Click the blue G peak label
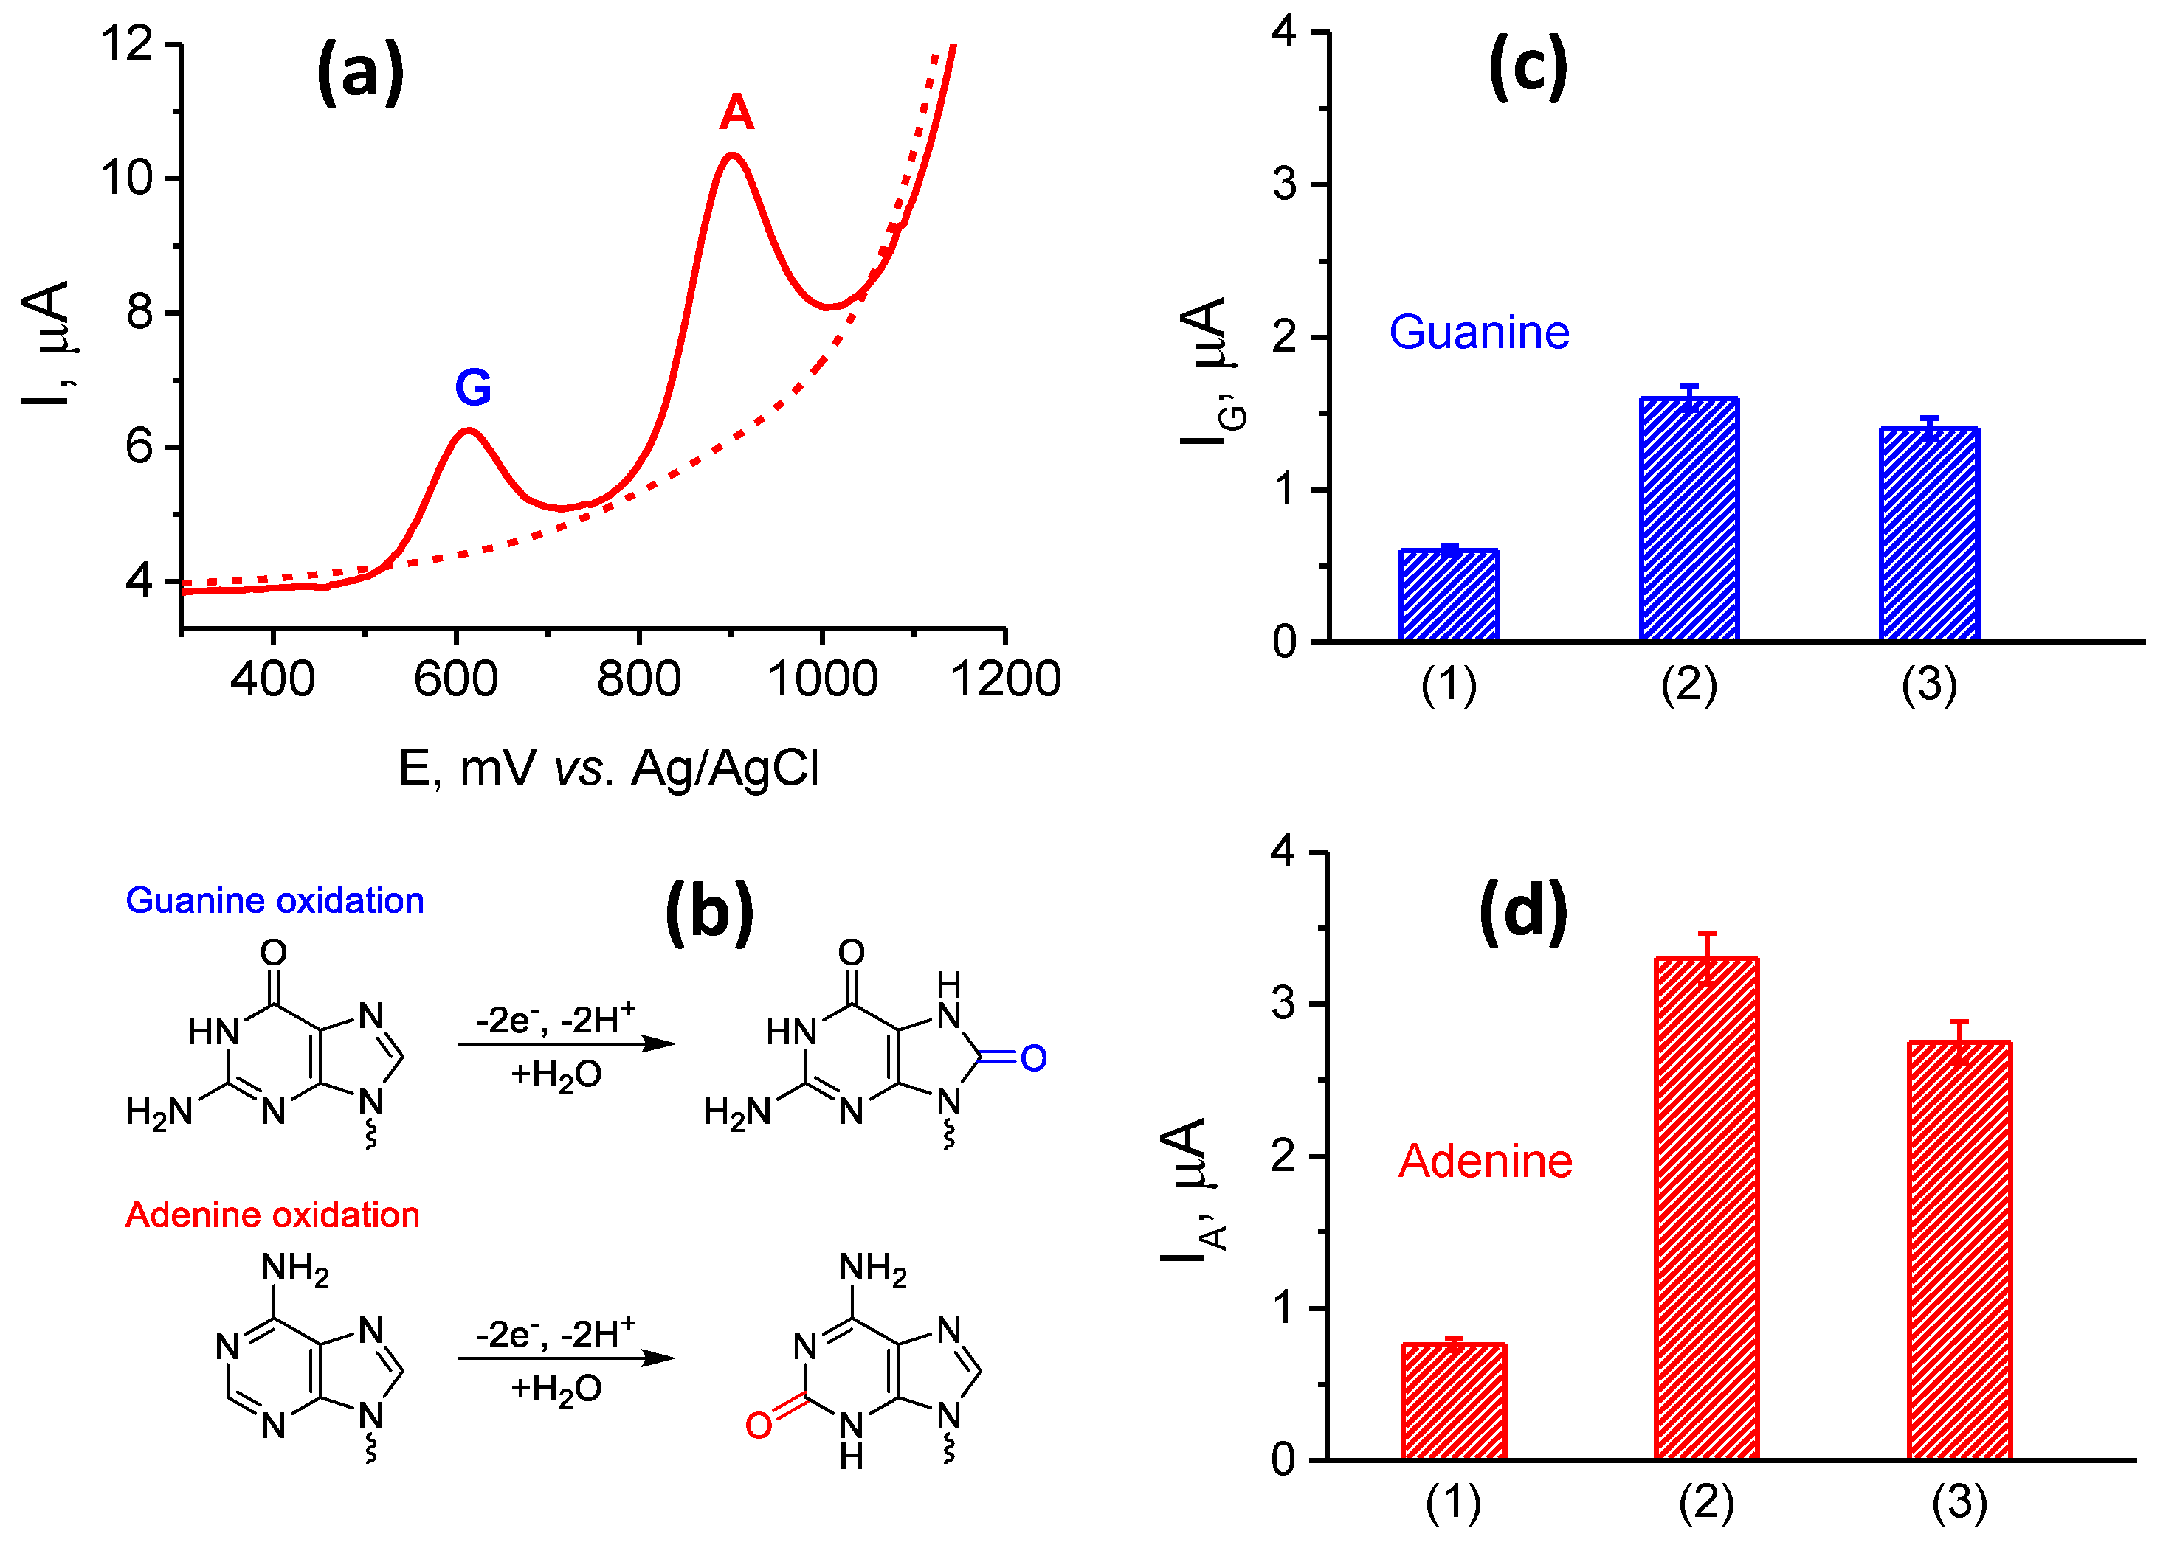(473, 387)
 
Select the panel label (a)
(360, 72)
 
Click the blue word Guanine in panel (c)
(1478, 333)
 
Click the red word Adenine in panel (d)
(1485, 1161)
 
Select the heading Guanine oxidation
(275, 900)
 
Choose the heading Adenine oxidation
(272, 1215)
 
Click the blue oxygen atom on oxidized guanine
(1033, 1057)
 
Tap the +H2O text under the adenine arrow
(556, 1389)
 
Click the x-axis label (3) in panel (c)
(1928, 684)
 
